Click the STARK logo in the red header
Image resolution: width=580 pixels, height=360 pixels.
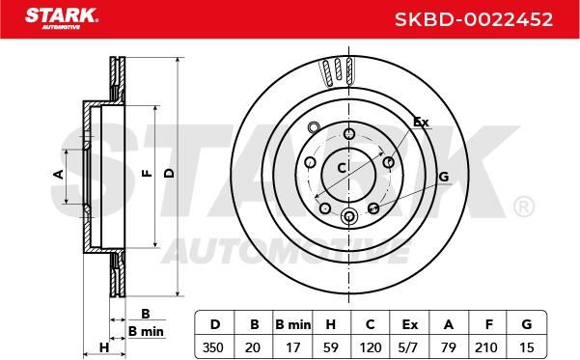pyautogui.click(x=62, y=18)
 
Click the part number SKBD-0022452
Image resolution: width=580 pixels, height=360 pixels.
pyautogui.click(x=474, y=19)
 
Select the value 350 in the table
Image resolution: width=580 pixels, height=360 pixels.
pyautogui.click(x=213, y=347)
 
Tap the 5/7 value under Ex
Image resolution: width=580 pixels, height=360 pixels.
pyautogui.click(x=409, y=347)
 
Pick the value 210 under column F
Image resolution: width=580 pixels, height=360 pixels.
pyautogui.click(x=486, y=347)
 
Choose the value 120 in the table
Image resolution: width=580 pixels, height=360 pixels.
pyautogui.click(x=371, y=347)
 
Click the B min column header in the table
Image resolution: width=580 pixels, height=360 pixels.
pyautogui.click(x=293, y=324)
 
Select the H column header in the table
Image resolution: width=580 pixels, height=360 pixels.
pyautogui.click(x=331, y=324)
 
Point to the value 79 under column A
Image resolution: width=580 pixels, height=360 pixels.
pyautogui.click(x=449, y=347)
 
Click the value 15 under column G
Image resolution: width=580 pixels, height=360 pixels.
pyautogui.click(x=526, y=347)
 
